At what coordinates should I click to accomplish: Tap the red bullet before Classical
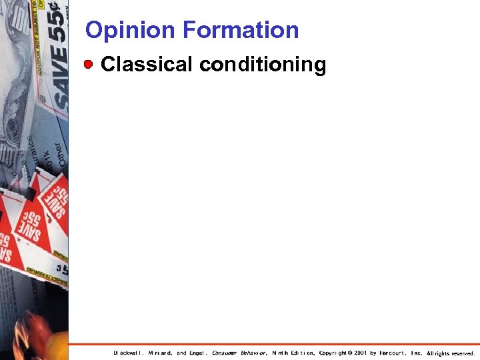89,65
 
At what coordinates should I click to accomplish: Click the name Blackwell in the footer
128,353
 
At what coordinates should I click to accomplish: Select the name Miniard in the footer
160,353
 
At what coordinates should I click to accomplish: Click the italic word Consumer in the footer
225,353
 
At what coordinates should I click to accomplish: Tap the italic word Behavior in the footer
254,353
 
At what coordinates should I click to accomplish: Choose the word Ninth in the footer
281,353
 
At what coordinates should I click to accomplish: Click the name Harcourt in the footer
394,353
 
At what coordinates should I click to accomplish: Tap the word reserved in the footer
463,353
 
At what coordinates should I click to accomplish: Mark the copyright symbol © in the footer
351,353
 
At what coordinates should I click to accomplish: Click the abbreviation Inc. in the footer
417,353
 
